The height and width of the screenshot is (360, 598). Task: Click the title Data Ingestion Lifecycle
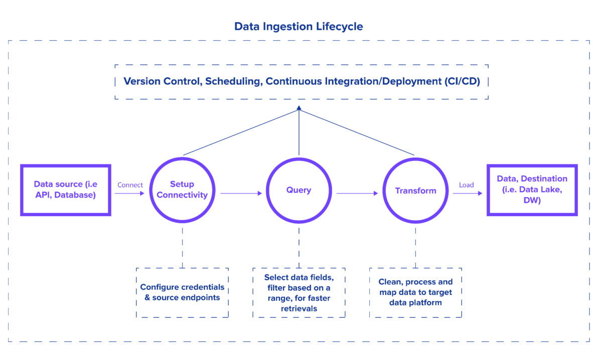[298, 27]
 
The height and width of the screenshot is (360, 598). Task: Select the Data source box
[65, 190]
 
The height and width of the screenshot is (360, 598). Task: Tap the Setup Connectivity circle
[182, 190]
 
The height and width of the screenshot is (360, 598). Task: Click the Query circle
[299, 190]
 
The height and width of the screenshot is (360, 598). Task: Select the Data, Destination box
[532, 190]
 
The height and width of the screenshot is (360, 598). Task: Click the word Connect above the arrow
[130, 185]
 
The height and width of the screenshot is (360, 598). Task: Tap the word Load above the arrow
[466, 185]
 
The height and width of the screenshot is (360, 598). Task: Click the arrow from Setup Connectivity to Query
[241, 193]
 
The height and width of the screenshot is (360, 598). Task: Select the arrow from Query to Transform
[357, 193]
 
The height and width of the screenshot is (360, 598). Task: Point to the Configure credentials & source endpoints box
[182, 292]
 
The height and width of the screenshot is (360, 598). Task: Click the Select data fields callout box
[299, 292]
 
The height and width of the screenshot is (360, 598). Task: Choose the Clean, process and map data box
[415, 292]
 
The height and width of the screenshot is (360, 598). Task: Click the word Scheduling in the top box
[233, 81]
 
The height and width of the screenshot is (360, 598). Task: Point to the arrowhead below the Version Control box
[299, 108]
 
